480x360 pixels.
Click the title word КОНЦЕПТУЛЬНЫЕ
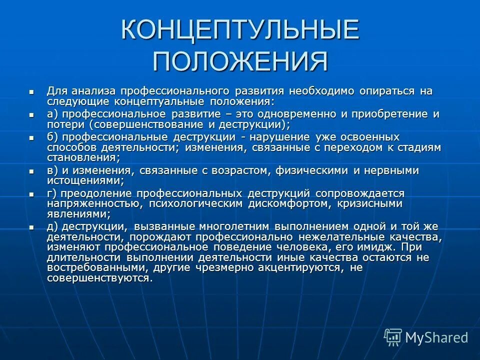point(240,31)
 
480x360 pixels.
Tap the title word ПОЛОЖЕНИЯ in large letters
point(240,61)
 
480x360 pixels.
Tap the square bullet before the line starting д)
point(31,227)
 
